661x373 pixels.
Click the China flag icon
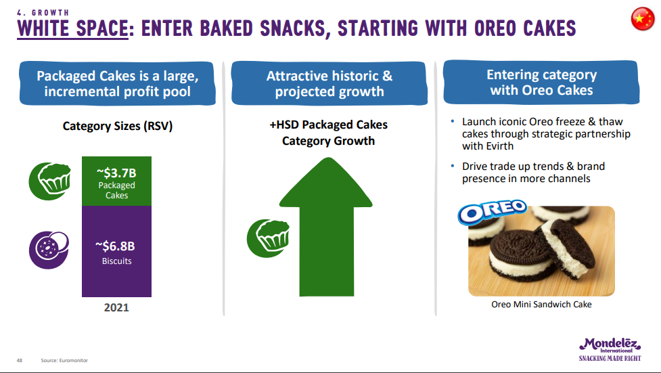(x=643, y=19)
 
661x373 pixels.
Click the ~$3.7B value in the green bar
(x=116, y=173)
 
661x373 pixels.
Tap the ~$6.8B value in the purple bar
(x=115, y=246)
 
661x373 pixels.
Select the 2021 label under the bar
(x=116, y=307)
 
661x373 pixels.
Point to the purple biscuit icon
(x=49, y=250)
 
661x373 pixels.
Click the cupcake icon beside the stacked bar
(x=49, y=181)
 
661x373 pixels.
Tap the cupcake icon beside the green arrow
(x=268, y=238)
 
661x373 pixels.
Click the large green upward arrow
(x=326, y=227)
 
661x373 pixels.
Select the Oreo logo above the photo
(x=493, y=211)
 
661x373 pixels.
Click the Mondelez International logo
(x=610, y=350)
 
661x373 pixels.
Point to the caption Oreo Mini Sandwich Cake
(x=541, y=304)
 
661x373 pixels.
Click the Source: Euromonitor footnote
(x=64, y=360)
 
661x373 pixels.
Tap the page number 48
(x=20, y=360)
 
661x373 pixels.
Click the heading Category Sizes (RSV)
(x=118, y=126)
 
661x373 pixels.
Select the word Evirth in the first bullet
(x=500, y=146)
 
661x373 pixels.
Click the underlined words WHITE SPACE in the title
(x=72, y=28)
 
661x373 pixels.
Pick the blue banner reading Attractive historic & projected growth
(x=329, y=83)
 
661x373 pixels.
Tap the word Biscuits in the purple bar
(x=117, y=261)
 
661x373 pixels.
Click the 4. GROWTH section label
(x=43, y=13)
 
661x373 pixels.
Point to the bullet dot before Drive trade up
(x=453, y=167)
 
